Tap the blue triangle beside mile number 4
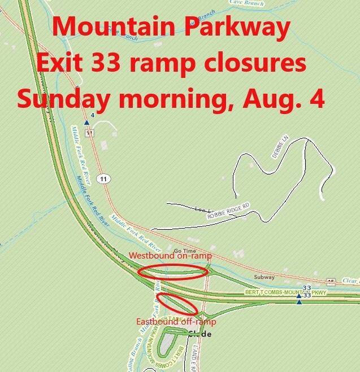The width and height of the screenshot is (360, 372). click(86, 122)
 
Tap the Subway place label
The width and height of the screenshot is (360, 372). click(264, 277)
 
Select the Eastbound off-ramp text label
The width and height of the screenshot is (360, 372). click(176, 322)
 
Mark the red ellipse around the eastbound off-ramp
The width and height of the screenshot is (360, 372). click(176, 303)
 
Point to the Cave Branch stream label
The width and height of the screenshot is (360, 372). click(247, 3)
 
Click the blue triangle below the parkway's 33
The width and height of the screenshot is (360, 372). click(299, 303)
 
